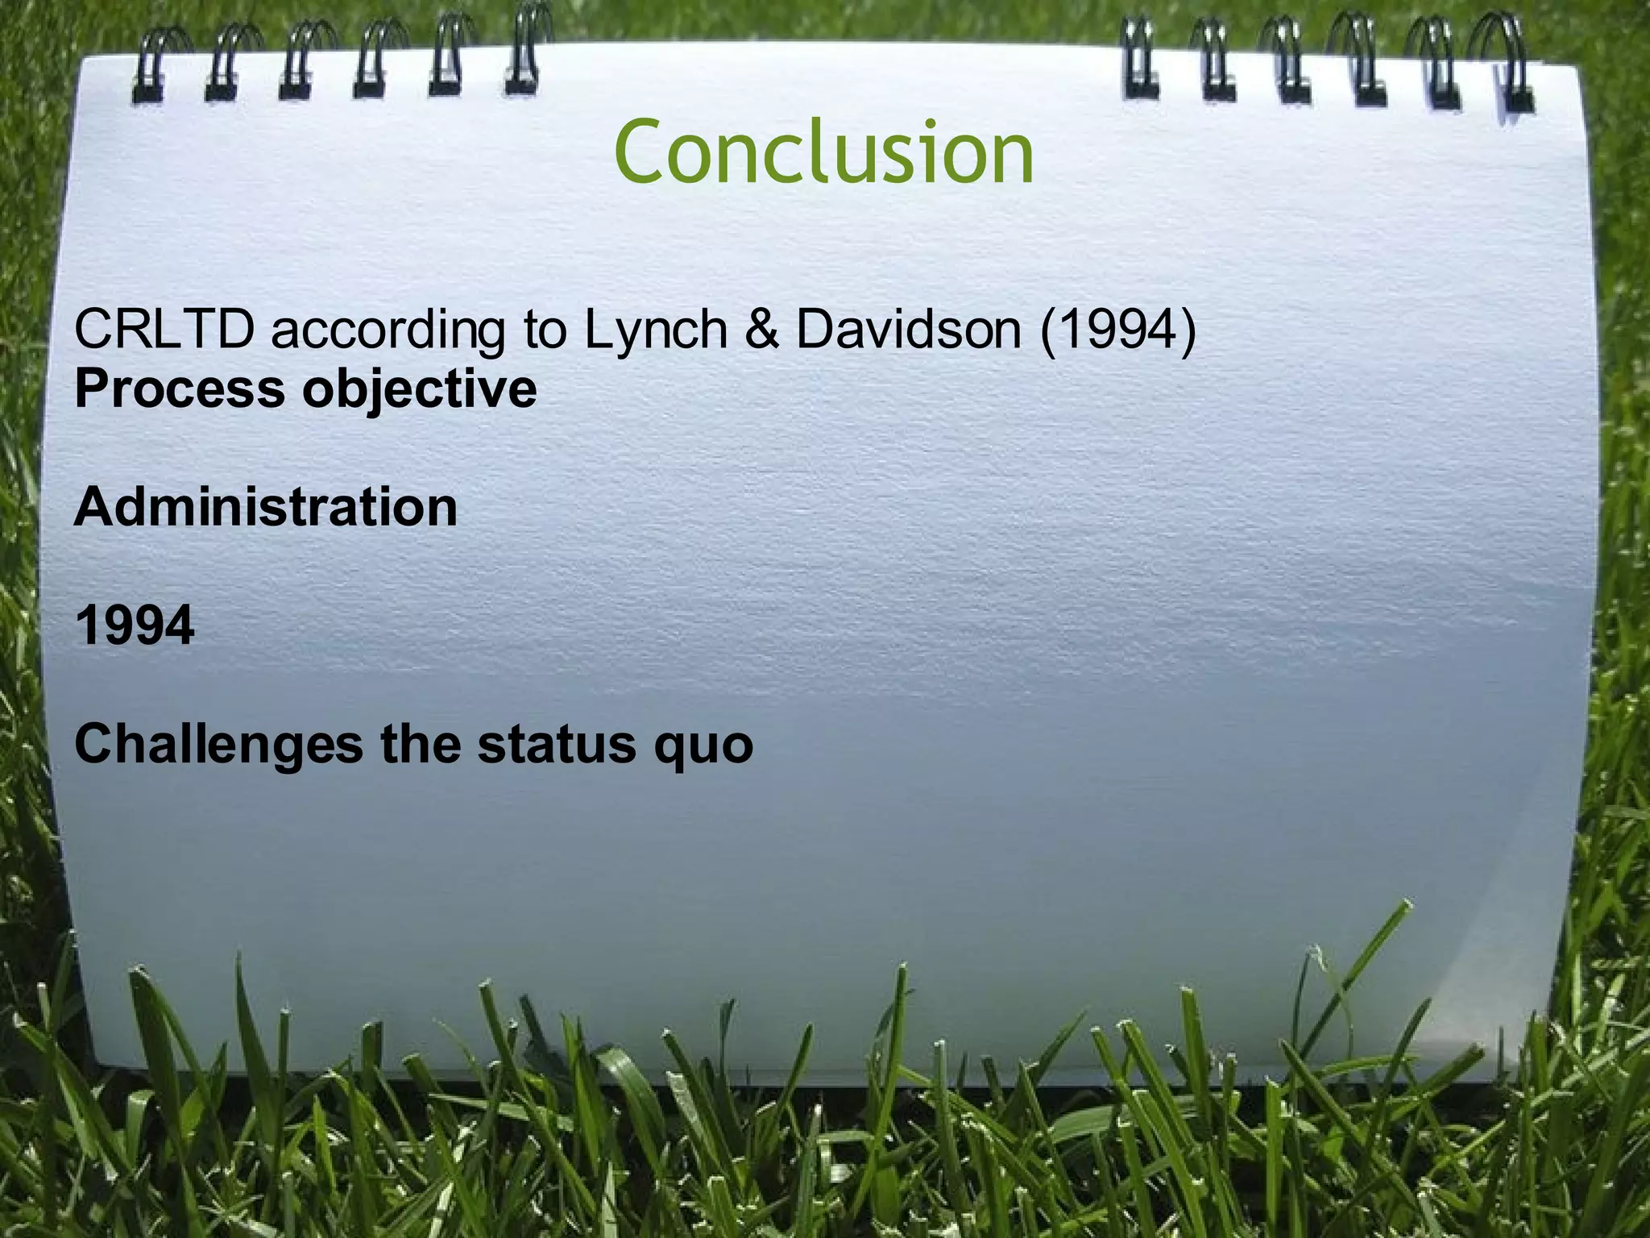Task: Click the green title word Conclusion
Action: tap(823, 152)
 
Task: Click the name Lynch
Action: tap(656, 330)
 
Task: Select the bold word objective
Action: tap(419, 390)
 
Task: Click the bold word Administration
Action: tap(266, 507)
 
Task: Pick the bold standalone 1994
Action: tap(135, 625)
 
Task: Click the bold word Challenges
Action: tap(218, 745)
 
